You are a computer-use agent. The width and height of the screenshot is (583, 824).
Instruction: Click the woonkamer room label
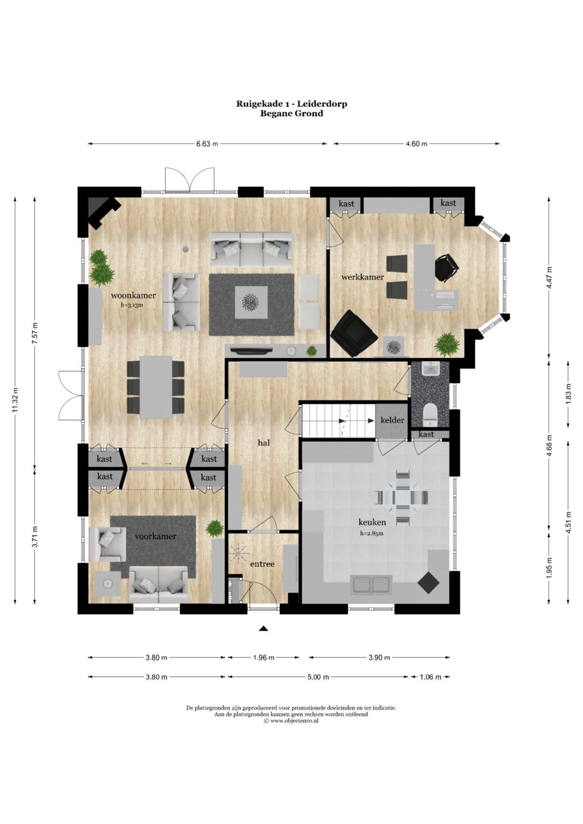133,295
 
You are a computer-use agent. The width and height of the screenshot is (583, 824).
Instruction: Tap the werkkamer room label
363,277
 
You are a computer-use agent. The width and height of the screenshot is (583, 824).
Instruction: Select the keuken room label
372,522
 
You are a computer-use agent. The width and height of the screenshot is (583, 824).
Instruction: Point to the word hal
263,443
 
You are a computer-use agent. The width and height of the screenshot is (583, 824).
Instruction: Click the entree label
262,564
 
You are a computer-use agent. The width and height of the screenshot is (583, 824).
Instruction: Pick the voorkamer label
155,536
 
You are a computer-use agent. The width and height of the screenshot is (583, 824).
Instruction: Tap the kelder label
392,420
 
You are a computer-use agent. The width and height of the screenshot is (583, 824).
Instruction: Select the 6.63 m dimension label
207,144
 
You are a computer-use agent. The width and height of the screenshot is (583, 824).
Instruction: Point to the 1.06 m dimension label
430,677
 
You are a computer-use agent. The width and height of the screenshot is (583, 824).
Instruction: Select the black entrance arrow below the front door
263,629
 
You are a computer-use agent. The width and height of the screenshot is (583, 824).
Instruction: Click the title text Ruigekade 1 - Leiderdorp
291,104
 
